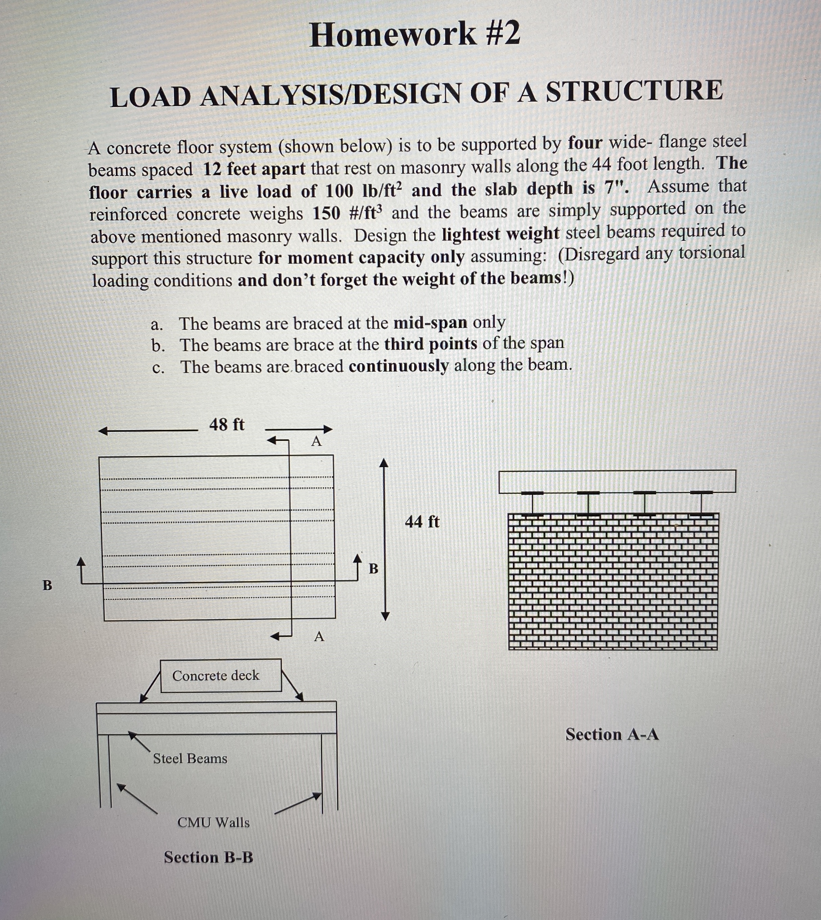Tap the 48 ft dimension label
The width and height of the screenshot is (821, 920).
point(227,425)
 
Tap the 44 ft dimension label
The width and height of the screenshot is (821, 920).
point(422,522)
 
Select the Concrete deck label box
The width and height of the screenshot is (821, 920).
point(220,676)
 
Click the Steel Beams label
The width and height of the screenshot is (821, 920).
point(190,759)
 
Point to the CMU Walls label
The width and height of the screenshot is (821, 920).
point(213,823)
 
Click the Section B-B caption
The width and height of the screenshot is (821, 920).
point(208,857)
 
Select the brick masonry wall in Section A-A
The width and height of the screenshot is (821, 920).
point(613,581)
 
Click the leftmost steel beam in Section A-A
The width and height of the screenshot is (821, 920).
point(532,503)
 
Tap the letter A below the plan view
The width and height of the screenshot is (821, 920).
point(319,637)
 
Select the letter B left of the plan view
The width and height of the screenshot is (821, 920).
point(47,586)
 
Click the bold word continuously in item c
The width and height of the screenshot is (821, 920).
point(398,366)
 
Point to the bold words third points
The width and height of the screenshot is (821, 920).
point(430,344)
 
